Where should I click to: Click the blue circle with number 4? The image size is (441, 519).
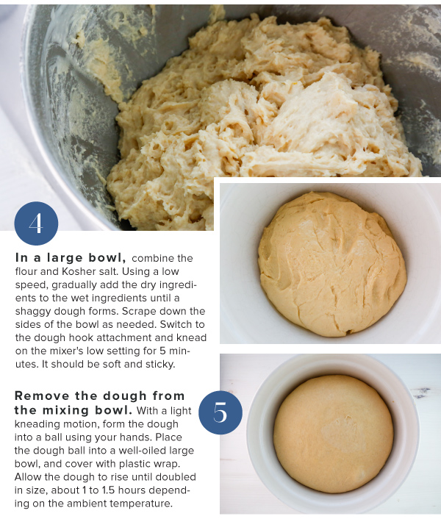coord(36,223)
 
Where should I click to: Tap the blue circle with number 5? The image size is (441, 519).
coord(220,412)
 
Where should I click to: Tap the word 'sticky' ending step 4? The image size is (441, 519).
coord(160,365)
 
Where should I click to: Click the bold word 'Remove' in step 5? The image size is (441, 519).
coord(42,395)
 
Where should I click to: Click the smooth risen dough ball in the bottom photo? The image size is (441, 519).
coord(333,434)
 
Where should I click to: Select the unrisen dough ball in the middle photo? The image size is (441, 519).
coord(331,264)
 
